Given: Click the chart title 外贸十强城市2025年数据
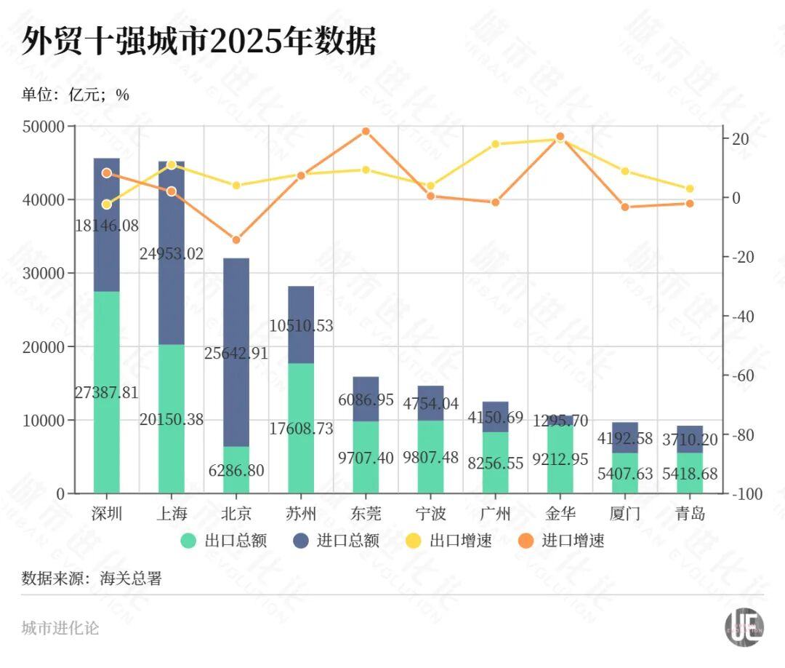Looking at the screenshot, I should coord(198,42).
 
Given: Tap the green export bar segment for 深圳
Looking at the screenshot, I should coord(107,437).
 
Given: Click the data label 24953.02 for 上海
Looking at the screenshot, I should coord(172,254).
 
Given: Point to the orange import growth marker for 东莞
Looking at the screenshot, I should coord(366,132).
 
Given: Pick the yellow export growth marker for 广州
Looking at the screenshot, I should coord(495,144).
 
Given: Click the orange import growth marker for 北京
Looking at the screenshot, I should coord(236,240).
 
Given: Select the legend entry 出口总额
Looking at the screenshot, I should coord(224,541).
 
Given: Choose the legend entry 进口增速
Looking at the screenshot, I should coord(563,541).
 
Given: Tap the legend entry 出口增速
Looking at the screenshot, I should coord(450,541).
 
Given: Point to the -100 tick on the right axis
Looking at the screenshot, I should coord(746,494).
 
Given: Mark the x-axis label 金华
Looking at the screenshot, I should coord(560,514).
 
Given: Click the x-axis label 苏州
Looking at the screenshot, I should coord(301,514).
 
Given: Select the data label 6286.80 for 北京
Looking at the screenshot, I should coord(236,470).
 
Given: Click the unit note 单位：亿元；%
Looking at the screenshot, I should coord(75,95).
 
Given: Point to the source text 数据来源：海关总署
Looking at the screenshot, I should coord(92,578).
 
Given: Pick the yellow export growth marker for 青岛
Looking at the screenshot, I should coord(690,189).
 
